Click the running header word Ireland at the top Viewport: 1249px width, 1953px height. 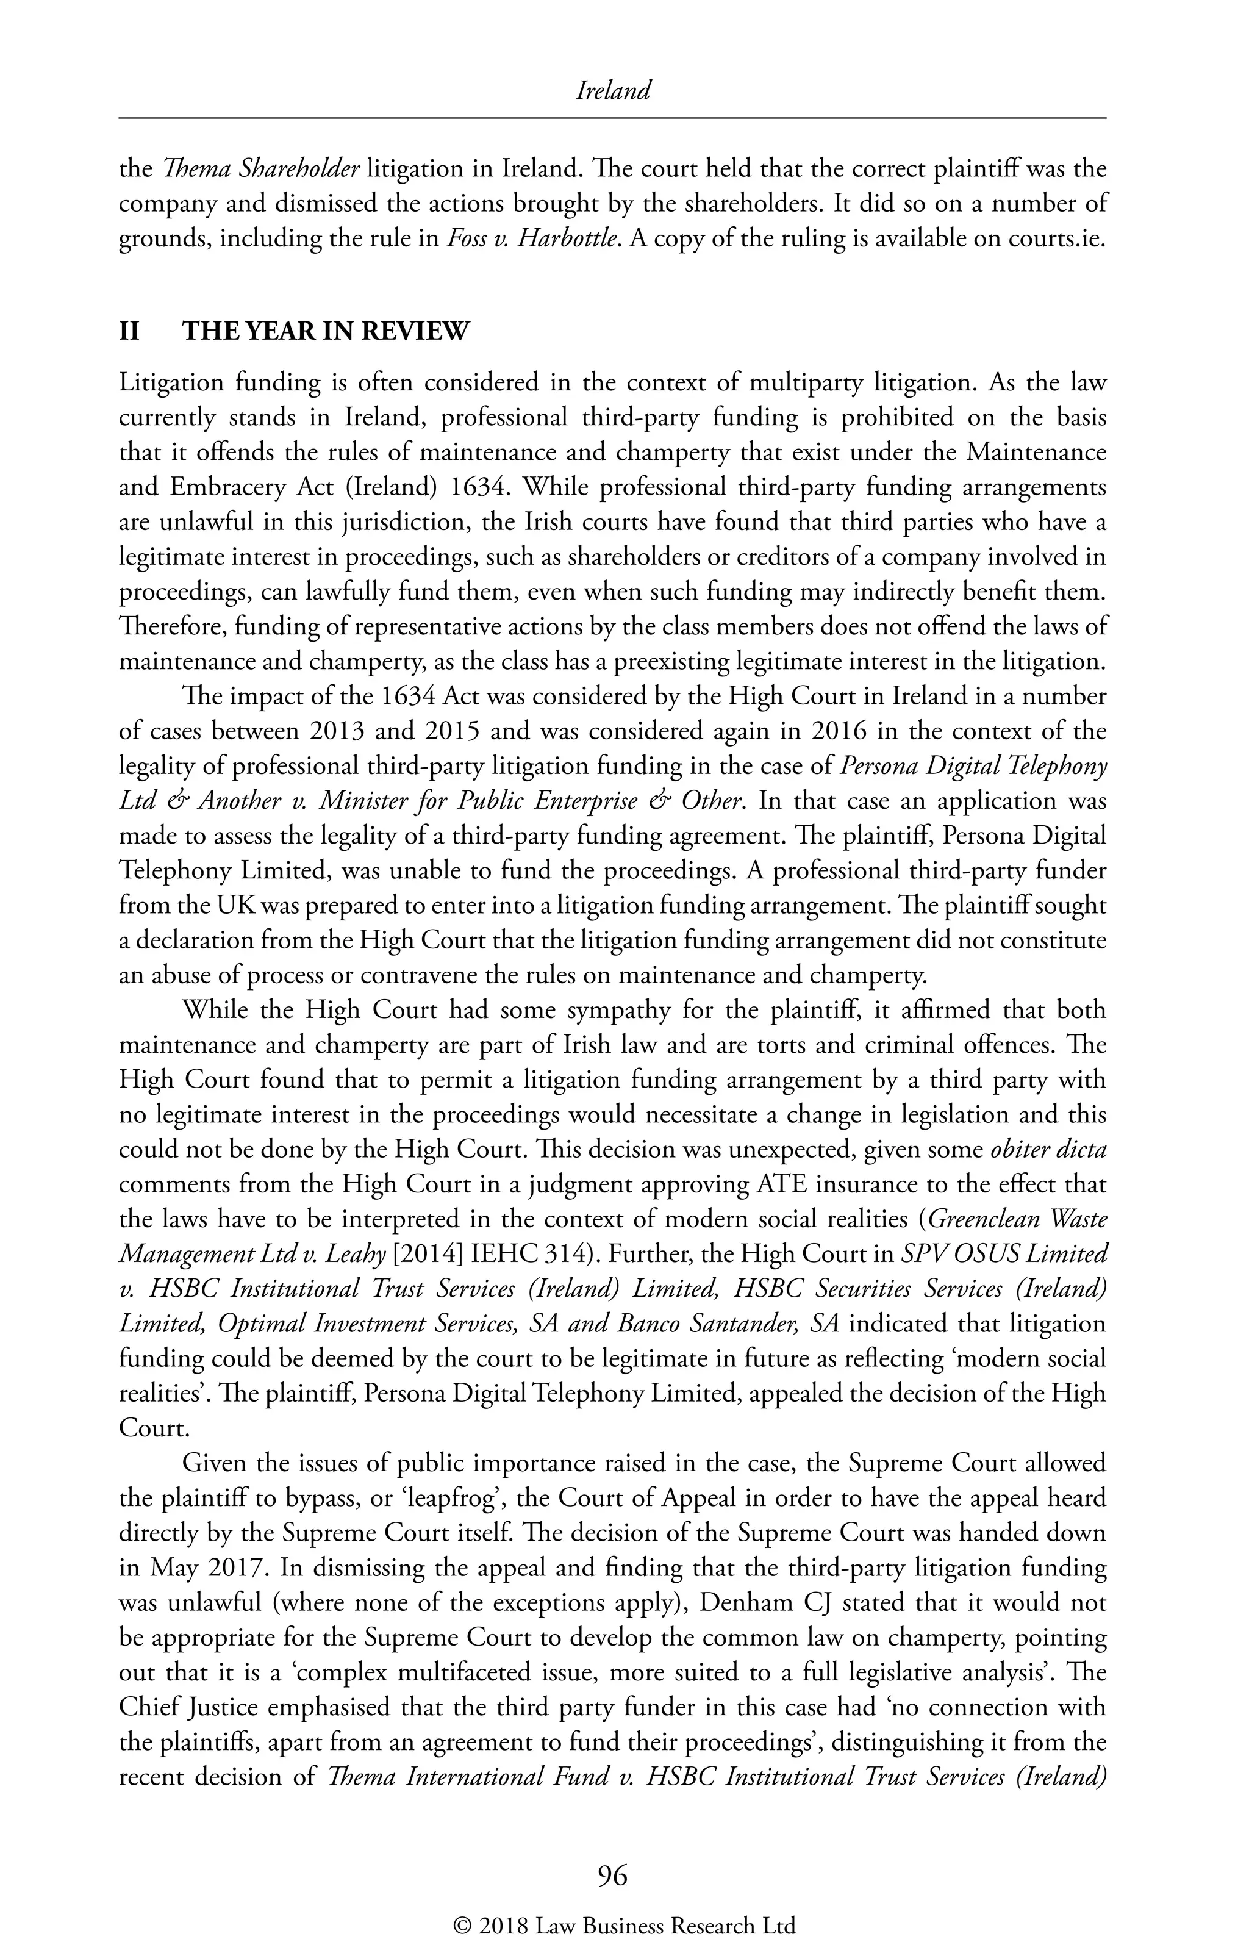pos(612,91)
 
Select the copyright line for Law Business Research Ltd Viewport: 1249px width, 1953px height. pos(624,1924)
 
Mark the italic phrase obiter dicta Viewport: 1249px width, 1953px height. pos(1049,1149)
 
